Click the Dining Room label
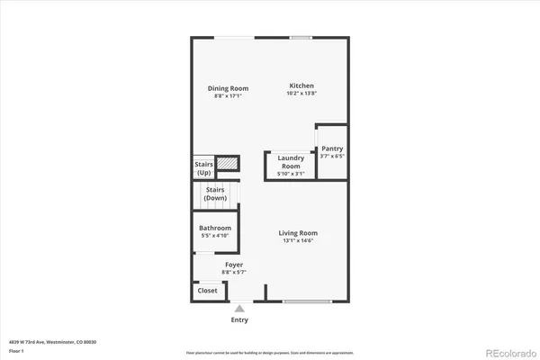click(x=228, y=88)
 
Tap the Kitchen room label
click(x=301, y=85)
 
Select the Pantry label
click(x=332, y=148)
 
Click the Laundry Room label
click(x=289, y=162)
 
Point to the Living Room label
click(x=301, y=232)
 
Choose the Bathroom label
click(x=215, y=228)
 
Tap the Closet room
click(x=207, y=291)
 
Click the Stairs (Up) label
click(x=203, y=167)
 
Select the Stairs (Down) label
click(x=215, y=193)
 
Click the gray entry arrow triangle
click(x=239, y=308)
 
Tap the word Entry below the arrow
click(x=239, y=319)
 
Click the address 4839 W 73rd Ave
click(x=52, y=341)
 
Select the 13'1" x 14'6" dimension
click(x=301, y=240)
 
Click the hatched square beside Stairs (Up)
click(x=229, y=164)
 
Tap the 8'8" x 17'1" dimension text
click(x=228, y=96)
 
